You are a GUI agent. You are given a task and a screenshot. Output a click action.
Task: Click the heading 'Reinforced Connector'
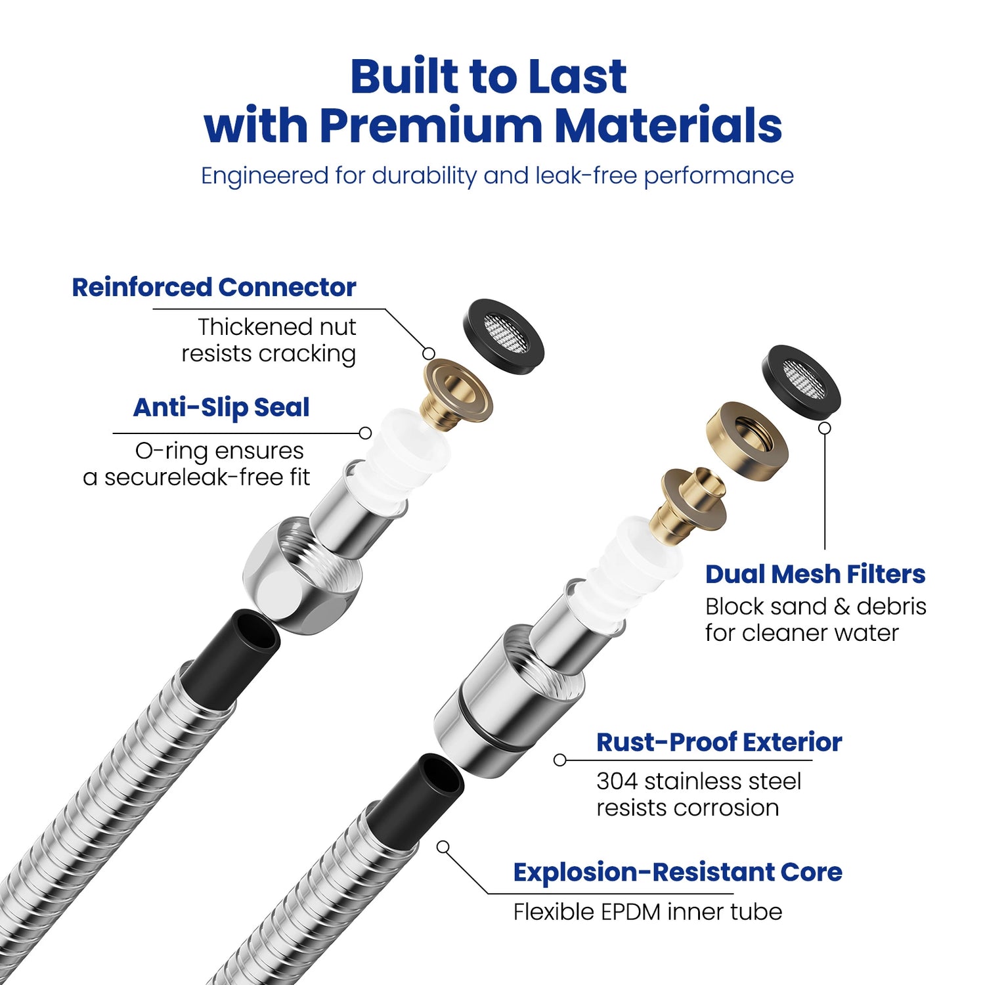[213, 288]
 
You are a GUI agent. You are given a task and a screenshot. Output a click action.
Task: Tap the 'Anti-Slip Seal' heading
[221, 408]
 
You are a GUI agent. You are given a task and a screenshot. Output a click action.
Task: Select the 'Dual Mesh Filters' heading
[815, 575]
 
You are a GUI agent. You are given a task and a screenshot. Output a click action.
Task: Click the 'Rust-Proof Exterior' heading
[719, 743]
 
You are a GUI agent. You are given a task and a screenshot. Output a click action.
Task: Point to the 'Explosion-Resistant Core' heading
[678, 873]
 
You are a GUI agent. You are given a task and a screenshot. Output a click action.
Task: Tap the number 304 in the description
[617, 781]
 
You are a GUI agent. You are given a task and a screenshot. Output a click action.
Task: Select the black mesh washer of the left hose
[504, 337]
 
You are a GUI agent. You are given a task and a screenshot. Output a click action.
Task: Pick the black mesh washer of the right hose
[801, 380]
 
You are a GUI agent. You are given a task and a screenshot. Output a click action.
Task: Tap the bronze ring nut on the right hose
[747, 441]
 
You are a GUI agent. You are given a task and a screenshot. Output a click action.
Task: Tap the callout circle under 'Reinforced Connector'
[429, 354]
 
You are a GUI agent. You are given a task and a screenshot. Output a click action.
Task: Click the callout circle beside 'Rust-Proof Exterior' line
[559, 760]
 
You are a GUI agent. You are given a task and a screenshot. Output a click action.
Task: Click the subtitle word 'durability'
[424, 176]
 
